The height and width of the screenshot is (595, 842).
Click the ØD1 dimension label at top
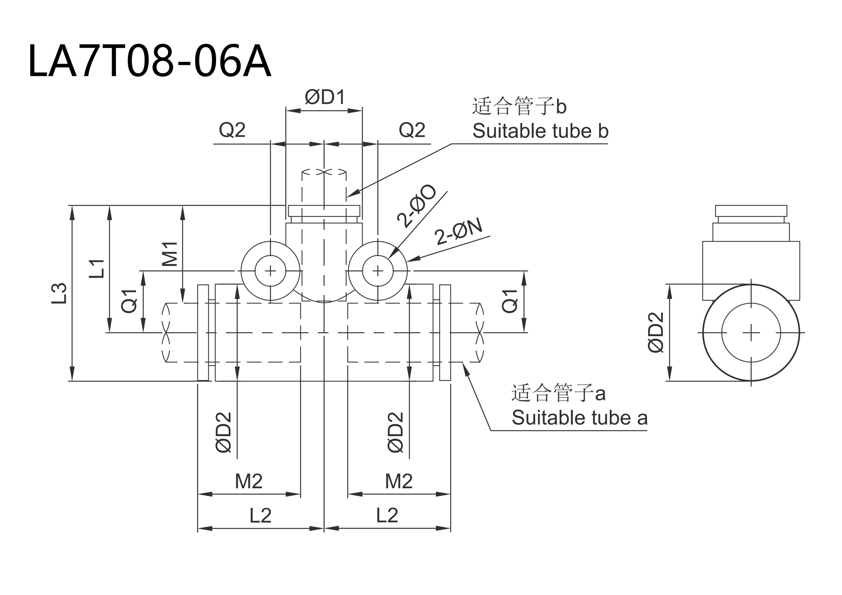(x=325, y=97)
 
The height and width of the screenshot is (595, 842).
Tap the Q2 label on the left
(x=232, y=130)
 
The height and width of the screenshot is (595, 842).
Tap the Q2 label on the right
(x=412, y=130)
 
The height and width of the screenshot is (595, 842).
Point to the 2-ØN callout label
(x=458, y=231)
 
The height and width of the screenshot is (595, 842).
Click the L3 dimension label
(x=59, y=293)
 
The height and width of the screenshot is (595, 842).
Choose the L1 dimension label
(x=96, y=268)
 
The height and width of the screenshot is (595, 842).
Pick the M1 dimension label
(x=170, y=254)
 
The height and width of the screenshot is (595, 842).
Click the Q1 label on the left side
(x=129, y=301)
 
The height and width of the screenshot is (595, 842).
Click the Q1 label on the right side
(x=510, y=301)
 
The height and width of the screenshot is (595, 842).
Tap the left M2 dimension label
(x=248, y=481)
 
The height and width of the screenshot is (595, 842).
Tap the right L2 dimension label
(x=387, y=515)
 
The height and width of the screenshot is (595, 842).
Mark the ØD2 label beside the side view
(x=655, y=332)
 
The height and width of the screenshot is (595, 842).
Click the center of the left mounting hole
(x=270, y=271)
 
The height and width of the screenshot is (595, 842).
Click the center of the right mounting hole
(x=378, y=271)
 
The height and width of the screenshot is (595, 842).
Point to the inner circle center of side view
(x=751, y=332)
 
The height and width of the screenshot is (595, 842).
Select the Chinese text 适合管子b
(x=519, y=107)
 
